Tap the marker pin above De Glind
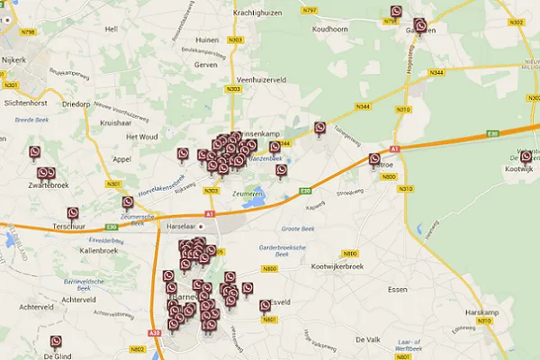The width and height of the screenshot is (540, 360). coord(56,342)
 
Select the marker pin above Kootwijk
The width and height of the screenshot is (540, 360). coord(526,157)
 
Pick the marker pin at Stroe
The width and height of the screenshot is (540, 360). coord(374,159)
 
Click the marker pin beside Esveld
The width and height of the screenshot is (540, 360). coord(265,306)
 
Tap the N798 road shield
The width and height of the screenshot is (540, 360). coord(28,31)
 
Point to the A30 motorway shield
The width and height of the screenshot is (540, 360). coord(154,333)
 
